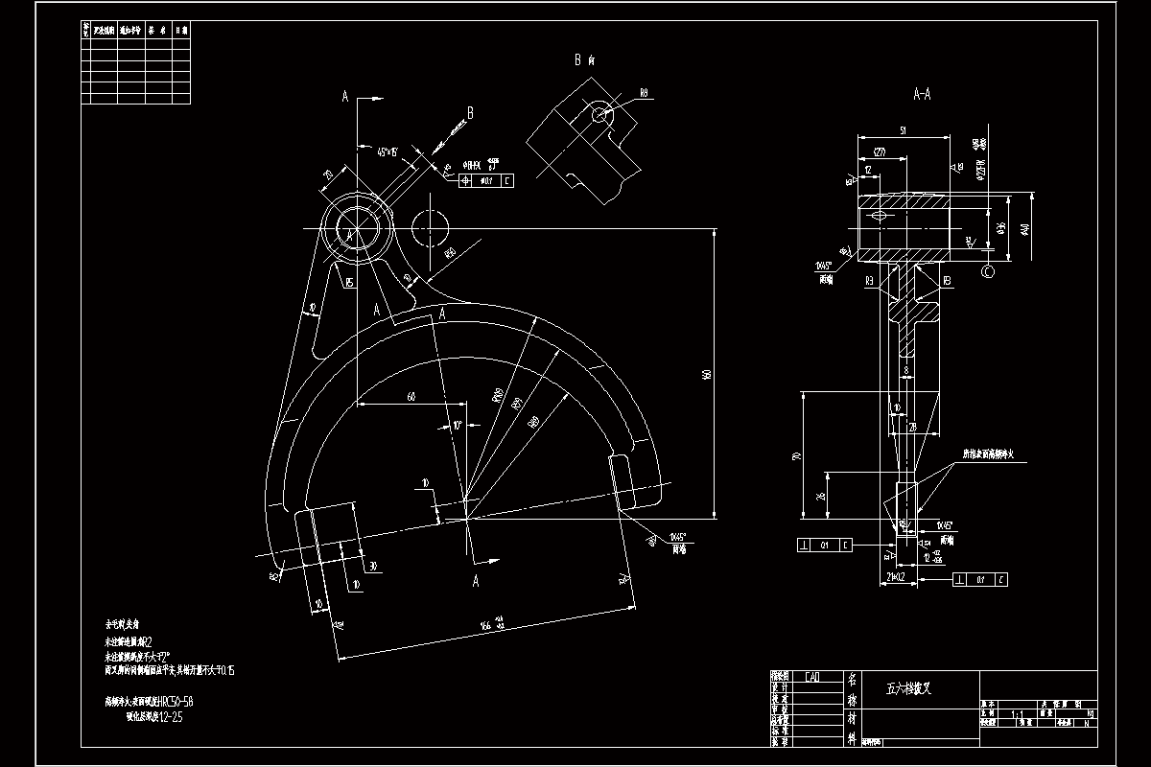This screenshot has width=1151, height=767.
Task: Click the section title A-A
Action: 922,95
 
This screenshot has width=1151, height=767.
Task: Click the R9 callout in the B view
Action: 644,93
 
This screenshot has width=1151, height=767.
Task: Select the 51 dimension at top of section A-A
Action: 904,129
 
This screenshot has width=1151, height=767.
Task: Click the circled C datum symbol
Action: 988,272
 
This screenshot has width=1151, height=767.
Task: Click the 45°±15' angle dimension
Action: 388,151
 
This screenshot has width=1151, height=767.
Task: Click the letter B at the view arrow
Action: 470,113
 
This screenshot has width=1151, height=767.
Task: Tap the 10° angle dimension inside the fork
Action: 458,425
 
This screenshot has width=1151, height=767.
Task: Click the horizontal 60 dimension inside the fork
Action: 411,395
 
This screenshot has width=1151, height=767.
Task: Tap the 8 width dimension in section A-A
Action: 905,369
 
